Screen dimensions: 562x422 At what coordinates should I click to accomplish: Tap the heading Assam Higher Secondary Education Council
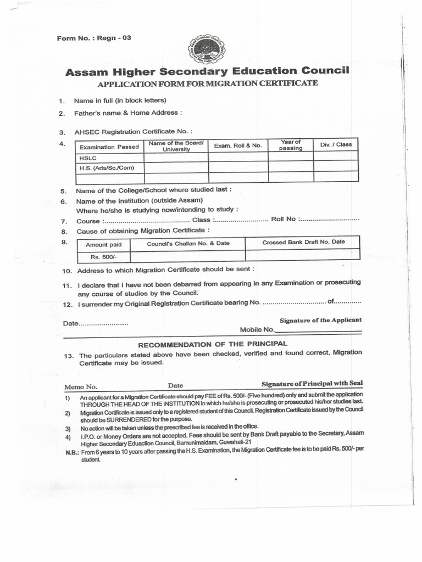[207, 71]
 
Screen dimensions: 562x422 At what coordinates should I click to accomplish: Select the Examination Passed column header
[109, 147]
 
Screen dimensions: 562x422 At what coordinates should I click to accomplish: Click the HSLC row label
[88, 158]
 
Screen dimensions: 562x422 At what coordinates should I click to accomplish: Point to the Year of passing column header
[290, 145]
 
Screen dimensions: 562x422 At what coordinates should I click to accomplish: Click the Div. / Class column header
[336, 144]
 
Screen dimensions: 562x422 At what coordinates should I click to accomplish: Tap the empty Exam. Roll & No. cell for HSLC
[237, 157]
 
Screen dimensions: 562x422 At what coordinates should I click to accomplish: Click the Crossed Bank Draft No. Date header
[303, 242]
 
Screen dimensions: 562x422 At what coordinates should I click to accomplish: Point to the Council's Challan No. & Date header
[188, 243]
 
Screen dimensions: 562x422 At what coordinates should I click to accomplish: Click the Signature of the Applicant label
[321, 320]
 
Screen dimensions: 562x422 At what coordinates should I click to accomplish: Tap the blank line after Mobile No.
[318, 331]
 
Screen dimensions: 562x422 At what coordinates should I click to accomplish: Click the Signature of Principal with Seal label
[312, 383]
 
